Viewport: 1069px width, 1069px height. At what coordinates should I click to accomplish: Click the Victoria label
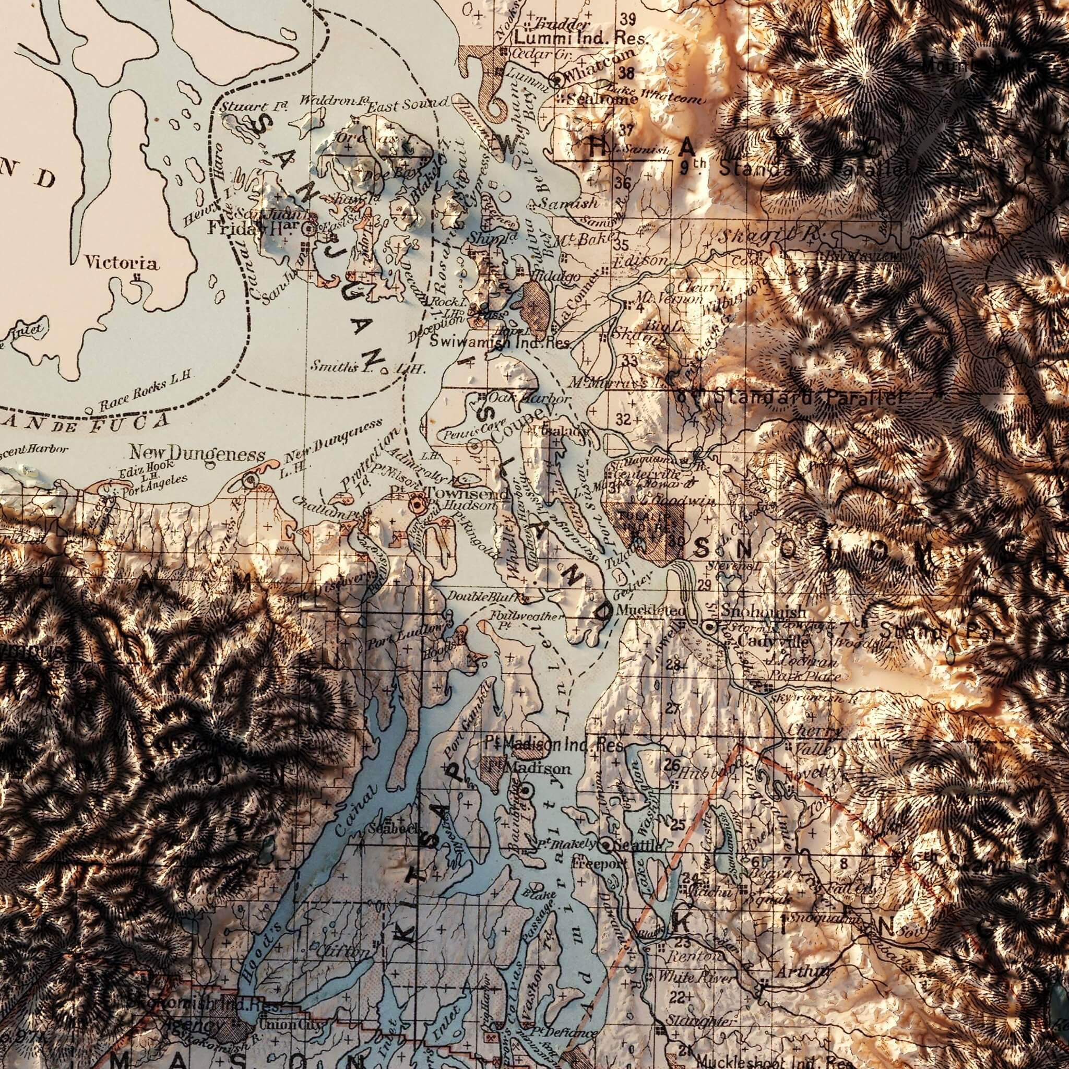point(121,264)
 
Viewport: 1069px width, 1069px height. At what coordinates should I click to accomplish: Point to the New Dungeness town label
point(197,454)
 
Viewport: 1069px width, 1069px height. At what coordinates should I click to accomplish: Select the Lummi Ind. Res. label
point(580,39)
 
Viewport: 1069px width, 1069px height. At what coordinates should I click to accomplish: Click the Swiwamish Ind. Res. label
point(500,342)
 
